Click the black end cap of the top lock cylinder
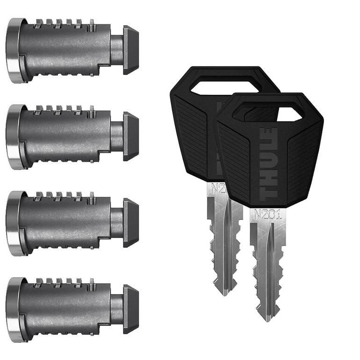tap(131, 50)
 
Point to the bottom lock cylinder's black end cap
tap(131, 309)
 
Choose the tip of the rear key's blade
tap(223, 293)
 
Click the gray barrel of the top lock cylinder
tap(65, 50)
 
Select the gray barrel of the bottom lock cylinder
tap(65, 310)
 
